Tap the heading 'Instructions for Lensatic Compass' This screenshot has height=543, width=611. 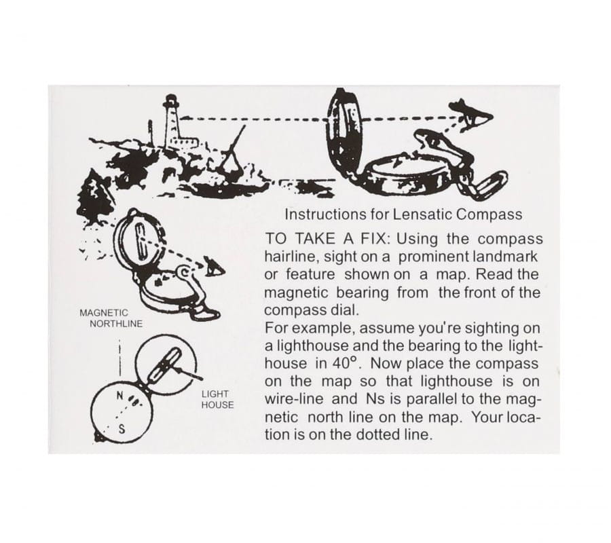[403, 214]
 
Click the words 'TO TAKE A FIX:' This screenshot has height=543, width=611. [327, 238]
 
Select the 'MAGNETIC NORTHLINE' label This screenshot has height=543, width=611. [111, 318]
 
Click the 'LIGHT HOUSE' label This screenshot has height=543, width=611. [217, 400]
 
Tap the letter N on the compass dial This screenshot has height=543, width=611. [121, 396]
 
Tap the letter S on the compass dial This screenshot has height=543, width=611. [122, 429]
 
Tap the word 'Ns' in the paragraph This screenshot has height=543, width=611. [373, 399]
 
